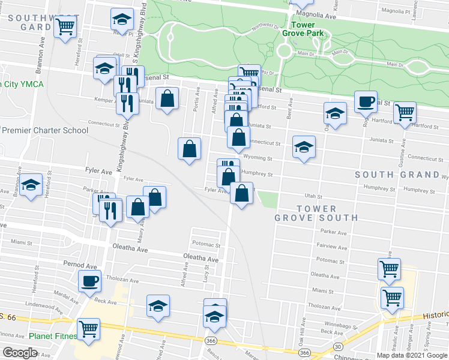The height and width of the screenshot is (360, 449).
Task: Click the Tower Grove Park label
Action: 307,30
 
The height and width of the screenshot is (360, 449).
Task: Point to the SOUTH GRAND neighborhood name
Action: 397,175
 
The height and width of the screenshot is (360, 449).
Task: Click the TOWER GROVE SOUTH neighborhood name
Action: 316,213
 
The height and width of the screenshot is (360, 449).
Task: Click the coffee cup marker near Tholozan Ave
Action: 90,280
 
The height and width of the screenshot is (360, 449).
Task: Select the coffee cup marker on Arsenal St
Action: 365,101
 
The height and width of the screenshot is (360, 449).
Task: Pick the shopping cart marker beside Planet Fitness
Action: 89,328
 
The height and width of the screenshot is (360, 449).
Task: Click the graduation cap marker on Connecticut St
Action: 304,146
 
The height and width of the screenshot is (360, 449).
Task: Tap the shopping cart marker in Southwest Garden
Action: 65,26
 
